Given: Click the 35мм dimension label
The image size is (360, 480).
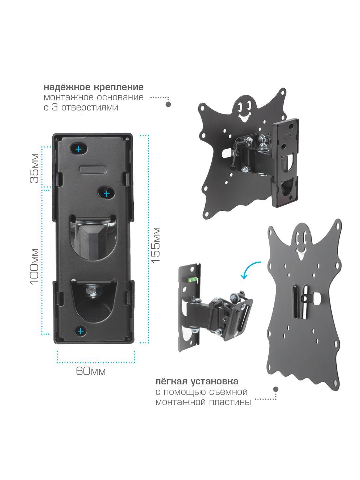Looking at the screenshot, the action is coord(35,168).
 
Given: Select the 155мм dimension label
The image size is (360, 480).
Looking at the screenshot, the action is coord(156,245).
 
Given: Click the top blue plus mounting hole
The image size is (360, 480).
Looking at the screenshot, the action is coord(79,149).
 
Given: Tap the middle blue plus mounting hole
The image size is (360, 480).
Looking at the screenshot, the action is coord(106,194).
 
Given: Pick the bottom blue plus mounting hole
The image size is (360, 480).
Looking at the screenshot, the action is coord(81,331).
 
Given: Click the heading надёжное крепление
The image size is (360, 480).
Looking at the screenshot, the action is coord(94,87).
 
